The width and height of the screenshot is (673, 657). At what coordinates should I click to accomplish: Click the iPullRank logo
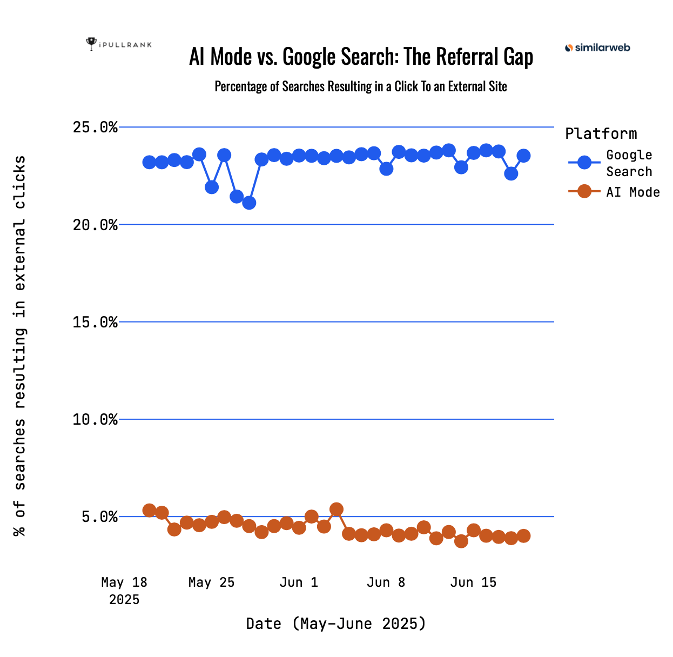[119, 44]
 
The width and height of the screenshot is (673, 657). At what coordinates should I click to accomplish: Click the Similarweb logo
[597, 48]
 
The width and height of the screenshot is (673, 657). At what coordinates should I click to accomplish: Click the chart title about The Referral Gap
[361, 57]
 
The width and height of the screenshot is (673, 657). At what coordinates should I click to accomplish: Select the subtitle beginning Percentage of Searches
[361, 86]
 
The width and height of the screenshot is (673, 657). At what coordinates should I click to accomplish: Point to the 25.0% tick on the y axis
[95, 128]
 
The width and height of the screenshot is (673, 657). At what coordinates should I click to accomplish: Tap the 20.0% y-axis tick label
[95, 225]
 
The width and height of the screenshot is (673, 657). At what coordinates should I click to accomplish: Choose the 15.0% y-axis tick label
[95, 322]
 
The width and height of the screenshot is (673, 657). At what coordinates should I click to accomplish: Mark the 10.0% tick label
[95, 419]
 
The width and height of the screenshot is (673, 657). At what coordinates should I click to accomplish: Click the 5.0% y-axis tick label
[99, 517]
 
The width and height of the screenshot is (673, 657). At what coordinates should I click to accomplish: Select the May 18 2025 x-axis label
[124, 591]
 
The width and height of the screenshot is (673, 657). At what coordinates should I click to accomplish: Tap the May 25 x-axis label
[211, 582]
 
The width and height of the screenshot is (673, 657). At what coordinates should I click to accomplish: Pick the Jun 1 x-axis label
[299, 582]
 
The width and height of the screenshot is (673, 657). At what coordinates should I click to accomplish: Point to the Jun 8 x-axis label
[386, 582]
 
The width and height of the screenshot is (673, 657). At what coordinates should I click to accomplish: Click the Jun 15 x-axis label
[473, 582]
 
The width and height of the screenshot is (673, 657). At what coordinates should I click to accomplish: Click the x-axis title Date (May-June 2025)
[336, 624]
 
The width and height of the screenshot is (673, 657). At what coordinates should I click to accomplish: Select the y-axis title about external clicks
[20, 346]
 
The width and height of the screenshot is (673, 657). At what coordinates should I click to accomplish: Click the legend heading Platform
[601, 133]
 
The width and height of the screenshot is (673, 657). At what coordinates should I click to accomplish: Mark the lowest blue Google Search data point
[249, 203]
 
